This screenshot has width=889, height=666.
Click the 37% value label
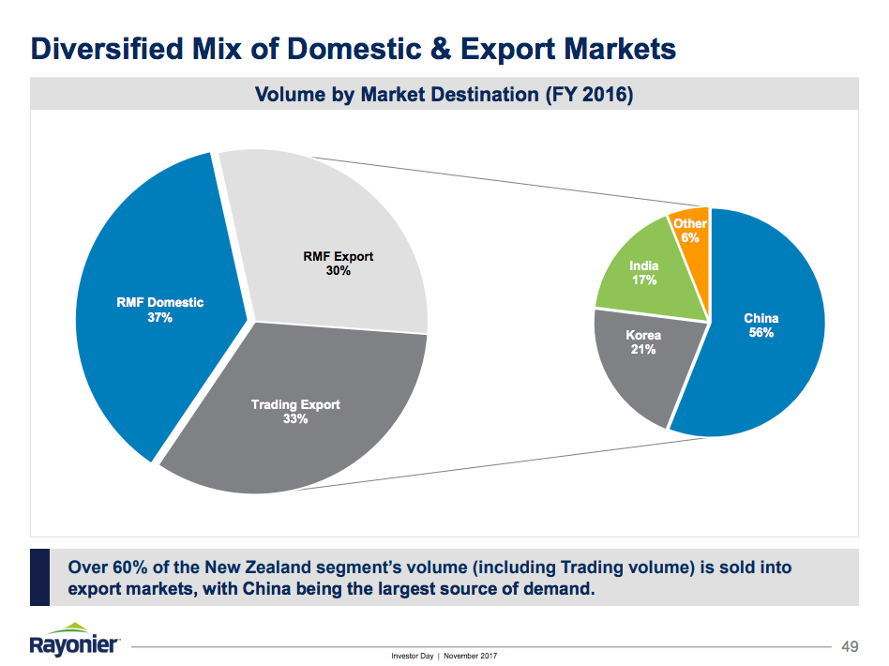click(160, 318)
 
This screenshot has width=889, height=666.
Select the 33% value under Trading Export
click(295, 419)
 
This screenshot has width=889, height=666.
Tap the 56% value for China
click(761, 333)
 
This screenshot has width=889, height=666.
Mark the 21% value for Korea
click(643, 350)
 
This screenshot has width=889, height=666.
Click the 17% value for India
click(644, 280)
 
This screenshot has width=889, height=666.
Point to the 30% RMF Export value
click(339, 270)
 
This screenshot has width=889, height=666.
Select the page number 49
click(851, 646)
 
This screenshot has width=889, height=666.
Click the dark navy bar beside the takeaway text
click(39, 577)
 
